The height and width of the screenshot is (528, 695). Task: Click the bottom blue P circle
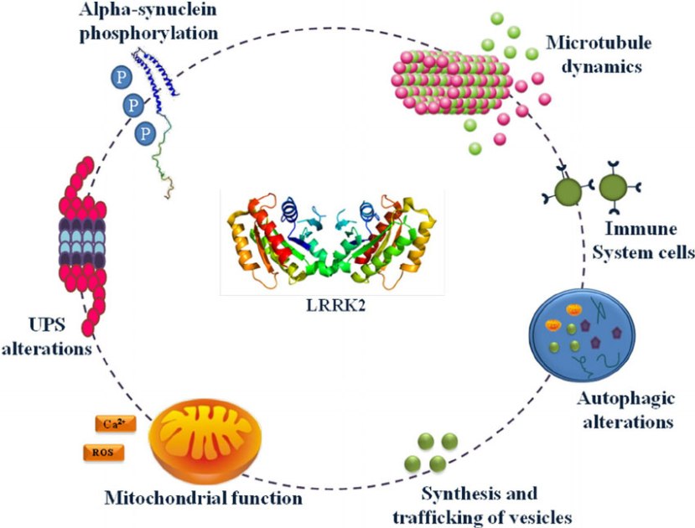[148, 132]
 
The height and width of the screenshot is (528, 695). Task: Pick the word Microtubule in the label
[590, 41]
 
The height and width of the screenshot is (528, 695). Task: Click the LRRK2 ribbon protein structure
[333, 239]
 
